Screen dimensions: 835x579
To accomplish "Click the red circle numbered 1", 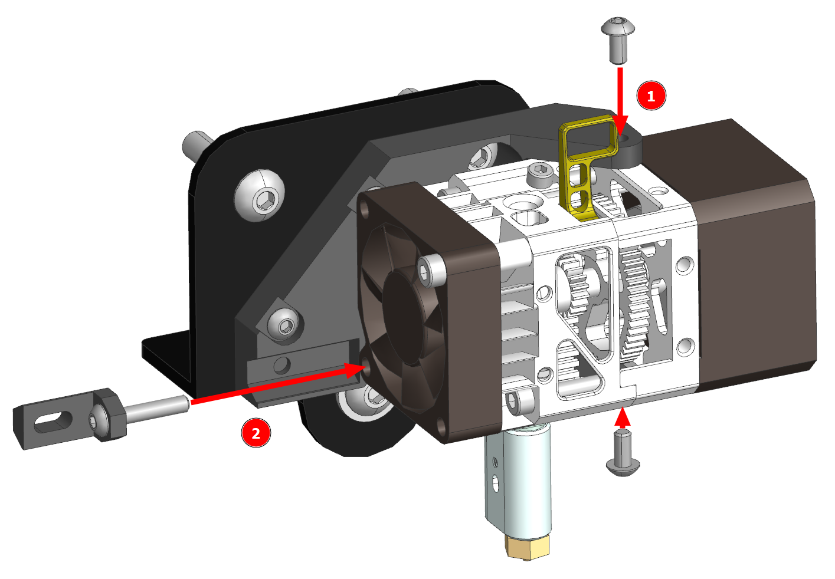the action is pyautogui.click(x=651, y=96).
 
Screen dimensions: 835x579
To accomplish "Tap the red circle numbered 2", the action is pyautogui.click(x=256, y=433).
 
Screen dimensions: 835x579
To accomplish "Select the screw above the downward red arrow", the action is pyautogui.click(x=618, y=40).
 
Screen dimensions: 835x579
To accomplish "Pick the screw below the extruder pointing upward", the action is pyautogui.click(x=623, y=452).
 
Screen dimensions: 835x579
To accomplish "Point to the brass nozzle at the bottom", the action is pyautogui.click(x=527, y=548).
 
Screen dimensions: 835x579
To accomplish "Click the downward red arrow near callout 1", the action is pyautogui.click(x=620, y=101).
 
